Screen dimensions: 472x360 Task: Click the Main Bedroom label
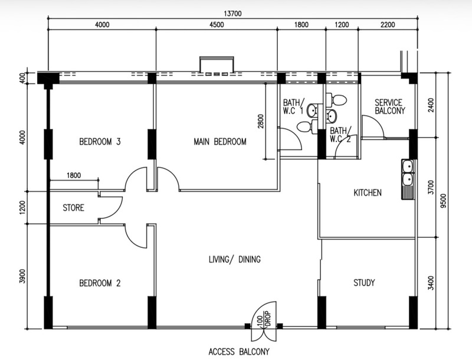(x=220, y=142)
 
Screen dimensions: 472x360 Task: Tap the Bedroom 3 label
(x=100, y=142)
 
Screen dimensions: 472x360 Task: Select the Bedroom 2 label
(x=100, y=283)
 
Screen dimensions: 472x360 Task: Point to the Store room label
(x=73, y=208)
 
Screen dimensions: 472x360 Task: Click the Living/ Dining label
(x=235, y=260)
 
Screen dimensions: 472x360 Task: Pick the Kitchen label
(x=368, y=192)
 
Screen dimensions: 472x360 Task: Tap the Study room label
(x=364, y=283)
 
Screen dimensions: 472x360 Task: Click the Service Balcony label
(x=390, y=107)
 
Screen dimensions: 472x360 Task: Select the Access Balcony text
(x=239, y=352)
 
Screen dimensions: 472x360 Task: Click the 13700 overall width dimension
(x=232, y=14)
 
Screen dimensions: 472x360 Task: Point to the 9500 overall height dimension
(x=443, y=201)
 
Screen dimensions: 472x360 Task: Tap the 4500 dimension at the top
(x=217, y=25)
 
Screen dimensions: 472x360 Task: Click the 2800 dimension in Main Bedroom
(x=261, y=121)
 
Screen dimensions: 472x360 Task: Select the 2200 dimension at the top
(x=388, y=25)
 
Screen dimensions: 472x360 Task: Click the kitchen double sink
(x=408, y=179)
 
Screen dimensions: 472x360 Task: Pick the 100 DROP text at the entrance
(x=264, y=319)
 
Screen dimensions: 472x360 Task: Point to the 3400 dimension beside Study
(x=431, y=283)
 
